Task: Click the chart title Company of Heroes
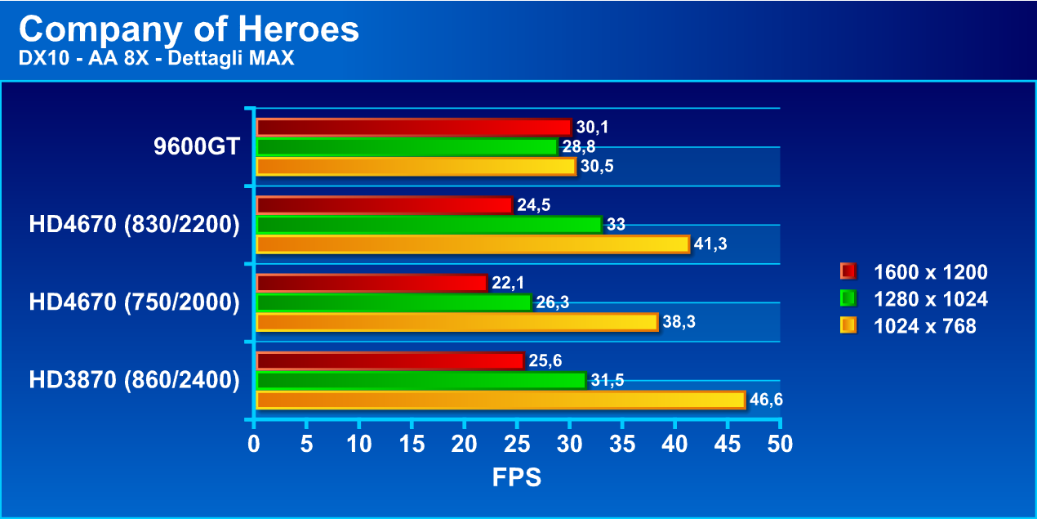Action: [189, 30]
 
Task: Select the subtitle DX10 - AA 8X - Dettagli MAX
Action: [156, 58]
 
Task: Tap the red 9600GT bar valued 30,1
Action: [413, 127]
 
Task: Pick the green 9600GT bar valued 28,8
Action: [407, 147]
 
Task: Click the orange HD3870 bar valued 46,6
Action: [501, 400]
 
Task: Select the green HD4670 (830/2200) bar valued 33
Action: [429, 225]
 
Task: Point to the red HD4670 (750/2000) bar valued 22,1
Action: [372, 283]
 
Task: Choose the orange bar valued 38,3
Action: [457, 322]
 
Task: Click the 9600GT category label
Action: [196, 147]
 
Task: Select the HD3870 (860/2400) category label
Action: [134, 380]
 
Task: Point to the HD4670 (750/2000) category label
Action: [134, 302]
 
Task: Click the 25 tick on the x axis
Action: [517, 445]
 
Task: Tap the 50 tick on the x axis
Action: [780, 445]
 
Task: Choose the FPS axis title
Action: [516, 477]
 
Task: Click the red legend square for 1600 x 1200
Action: [848, 271]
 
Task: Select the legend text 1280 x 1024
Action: [930, 299]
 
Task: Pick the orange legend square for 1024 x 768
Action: [848, 326]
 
